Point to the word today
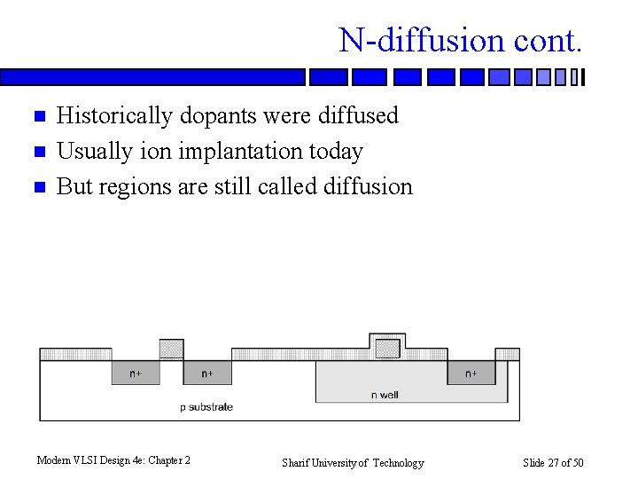pyautogui.click(x=335, y=152)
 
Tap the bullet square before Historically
pyautogui.click(x=38, y=116)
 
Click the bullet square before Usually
pyautogui.click(x=38, y=152)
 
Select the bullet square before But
pyautogui.click(x=38, y=187)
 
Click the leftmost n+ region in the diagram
pyautogui.click(x=135, y=373)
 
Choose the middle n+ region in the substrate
pyautogui.click(x=206, y=373)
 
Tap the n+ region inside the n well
pyautogui.click(x=471, y=373)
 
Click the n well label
pyautogui.click(x=385, y=394)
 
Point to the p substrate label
pyautogui.click(x=206, y=406)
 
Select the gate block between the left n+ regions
pyautogui.click(x=171, y=349)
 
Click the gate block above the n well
pyautogui.click(x=387, y=348)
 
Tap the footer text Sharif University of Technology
pyautogui.click(x=353, y=462)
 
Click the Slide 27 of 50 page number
pyautogui.click(x=553, y=462)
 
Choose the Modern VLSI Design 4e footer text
pyautogui.click(x=113, y=459)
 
